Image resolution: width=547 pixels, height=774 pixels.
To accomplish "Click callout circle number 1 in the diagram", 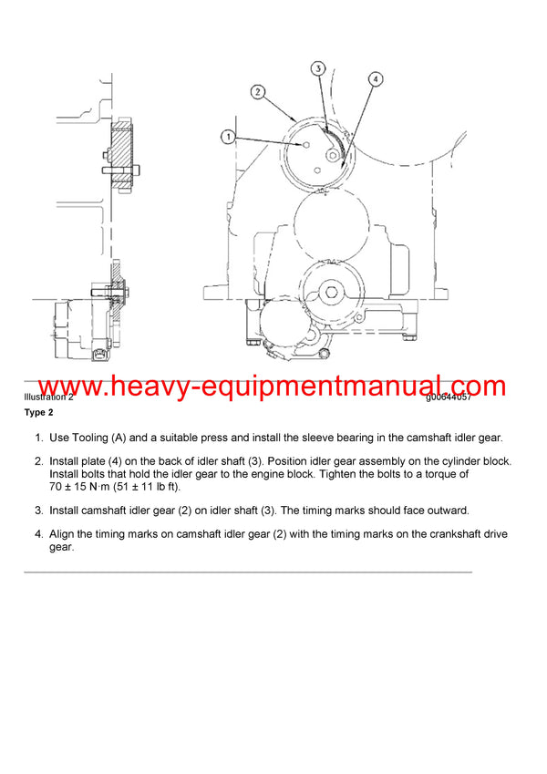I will (x=227, y=137).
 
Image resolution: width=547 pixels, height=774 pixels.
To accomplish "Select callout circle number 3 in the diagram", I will (x=317, y=68).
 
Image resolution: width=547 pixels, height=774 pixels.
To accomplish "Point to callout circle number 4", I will (x=374, y=79).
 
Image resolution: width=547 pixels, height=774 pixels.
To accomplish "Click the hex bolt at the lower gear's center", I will (x=333, y=292).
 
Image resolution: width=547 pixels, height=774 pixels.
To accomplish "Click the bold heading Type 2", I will (x=39, y=413).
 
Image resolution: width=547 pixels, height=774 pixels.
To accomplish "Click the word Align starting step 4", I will (x=62, y=533).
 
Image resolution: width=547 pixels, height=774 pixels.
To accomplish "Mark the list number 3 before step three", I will (x=38, y=510).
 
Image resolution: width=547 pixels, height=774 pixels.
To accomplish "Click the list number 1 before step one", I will (x=38, y=439).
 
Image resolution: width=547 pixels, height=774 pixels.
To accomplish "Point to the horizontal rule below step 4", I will (x=247, y=572).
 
